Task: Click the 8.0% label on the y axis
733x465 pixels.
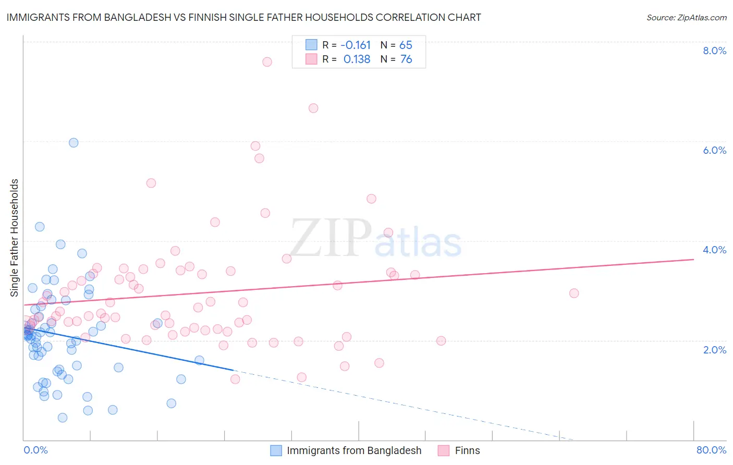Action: (714, 51)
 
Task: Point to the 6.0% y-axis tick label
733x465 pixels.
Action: (714, 150)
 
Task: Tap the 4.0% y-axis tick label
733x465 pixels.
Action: (714, 250)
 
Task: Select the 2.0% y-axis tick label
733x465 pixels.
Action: (714, 350)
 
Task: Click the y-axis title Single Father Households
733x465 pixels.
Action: (15, 238)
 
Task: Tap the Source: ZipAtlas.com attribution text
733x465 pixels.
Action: (686, 17)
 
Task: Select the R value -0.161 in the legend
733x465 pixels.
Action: (356, 45)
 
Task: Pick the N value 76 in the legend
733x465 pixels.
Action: (406, 59)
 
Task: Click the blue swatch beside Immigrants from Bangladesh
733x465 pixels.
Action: (276, 450)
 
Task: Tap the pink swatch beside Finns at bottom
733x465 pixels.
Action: (444, 450)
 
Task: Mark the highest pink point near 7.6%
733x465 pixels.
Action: (267, 62)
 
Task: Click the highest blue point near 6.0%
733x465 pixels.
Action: (74, 143)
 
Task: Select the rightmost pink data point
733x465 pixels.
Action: (574, 293)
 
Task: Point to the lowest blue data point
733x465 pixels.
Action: (63, 418)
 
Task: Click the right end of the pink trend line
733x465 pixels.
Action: (693, 259)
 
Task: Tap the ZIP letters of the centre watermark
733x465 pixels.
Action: (331, 238)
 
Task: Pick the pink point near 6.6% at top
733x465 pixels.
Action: (313, 108)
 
